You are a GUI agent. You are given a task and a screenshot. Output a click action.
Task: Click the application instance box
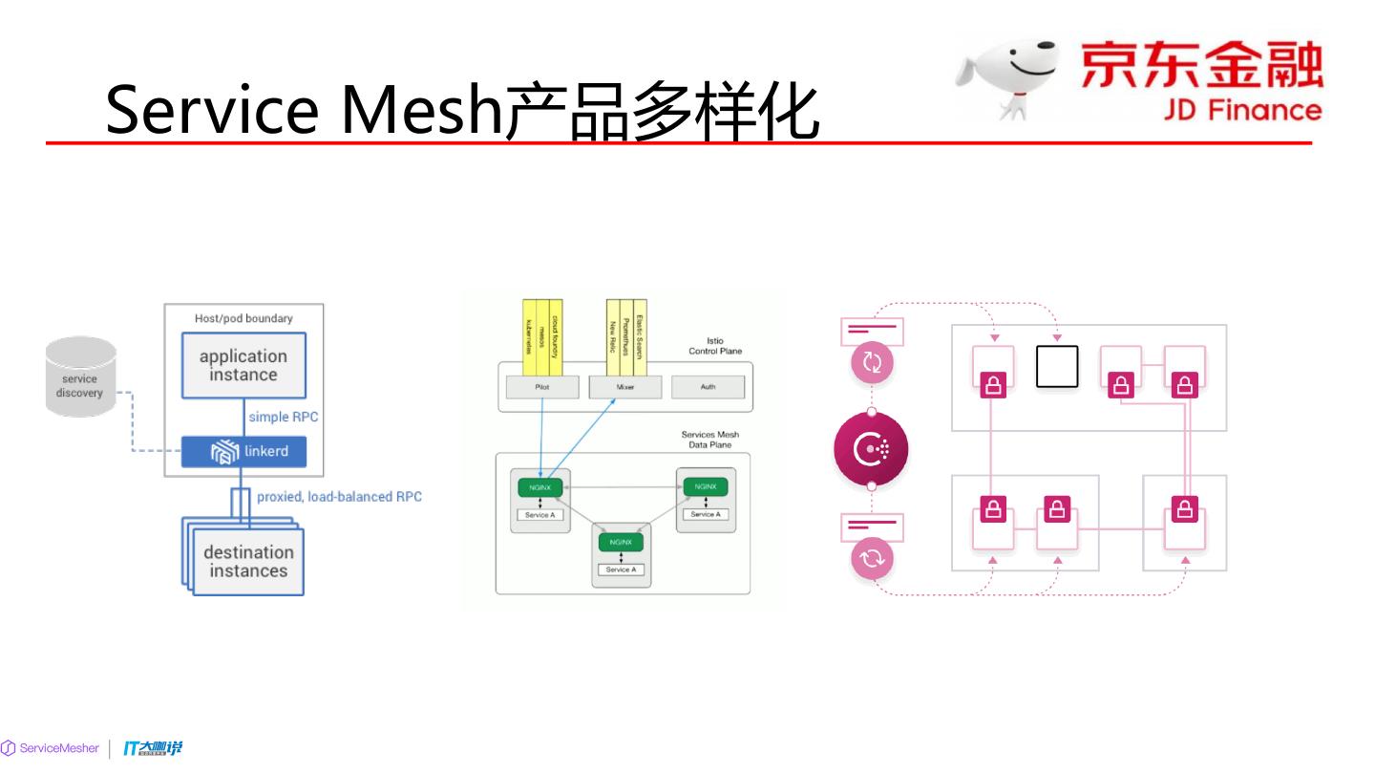point(243,365)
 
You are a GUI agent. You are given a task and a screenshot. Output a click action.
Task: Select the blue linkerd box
point(244,451)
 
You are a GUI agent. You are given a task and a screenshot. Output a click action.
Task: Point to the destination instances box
point(248,562)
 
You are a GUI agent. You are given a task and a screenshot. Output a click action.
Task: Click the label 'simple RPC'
point(284,418)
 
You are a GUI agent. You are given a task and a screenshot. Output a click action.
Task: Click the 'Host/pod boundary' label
point(243,318)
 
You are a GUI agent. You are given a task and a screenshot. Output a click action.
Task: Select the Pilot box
point(542,388)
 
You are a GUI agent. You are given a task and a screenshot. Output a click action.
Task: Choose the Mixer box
point(625,388)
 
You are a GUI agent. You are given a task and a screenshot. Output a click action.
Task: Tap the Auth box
point(708,388)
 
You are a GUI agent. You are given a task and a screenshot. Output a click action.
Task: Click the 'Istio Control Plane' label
point(715,346)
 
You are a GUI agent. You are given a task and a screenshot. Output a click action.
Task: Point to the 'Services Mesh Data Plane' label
point(709,440)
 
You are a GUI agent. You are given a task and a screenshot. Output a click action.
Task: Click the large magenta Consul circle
point(871,448)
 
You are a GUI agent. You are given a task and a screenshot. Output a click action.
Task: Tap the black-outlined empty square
point(1057,366)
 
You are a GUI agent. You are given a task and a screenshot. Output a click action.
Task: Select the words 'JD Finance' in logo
point(1242,110)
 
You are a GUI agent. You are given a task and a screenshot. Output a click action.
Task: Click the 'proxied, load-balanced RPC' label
point(339,497)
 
